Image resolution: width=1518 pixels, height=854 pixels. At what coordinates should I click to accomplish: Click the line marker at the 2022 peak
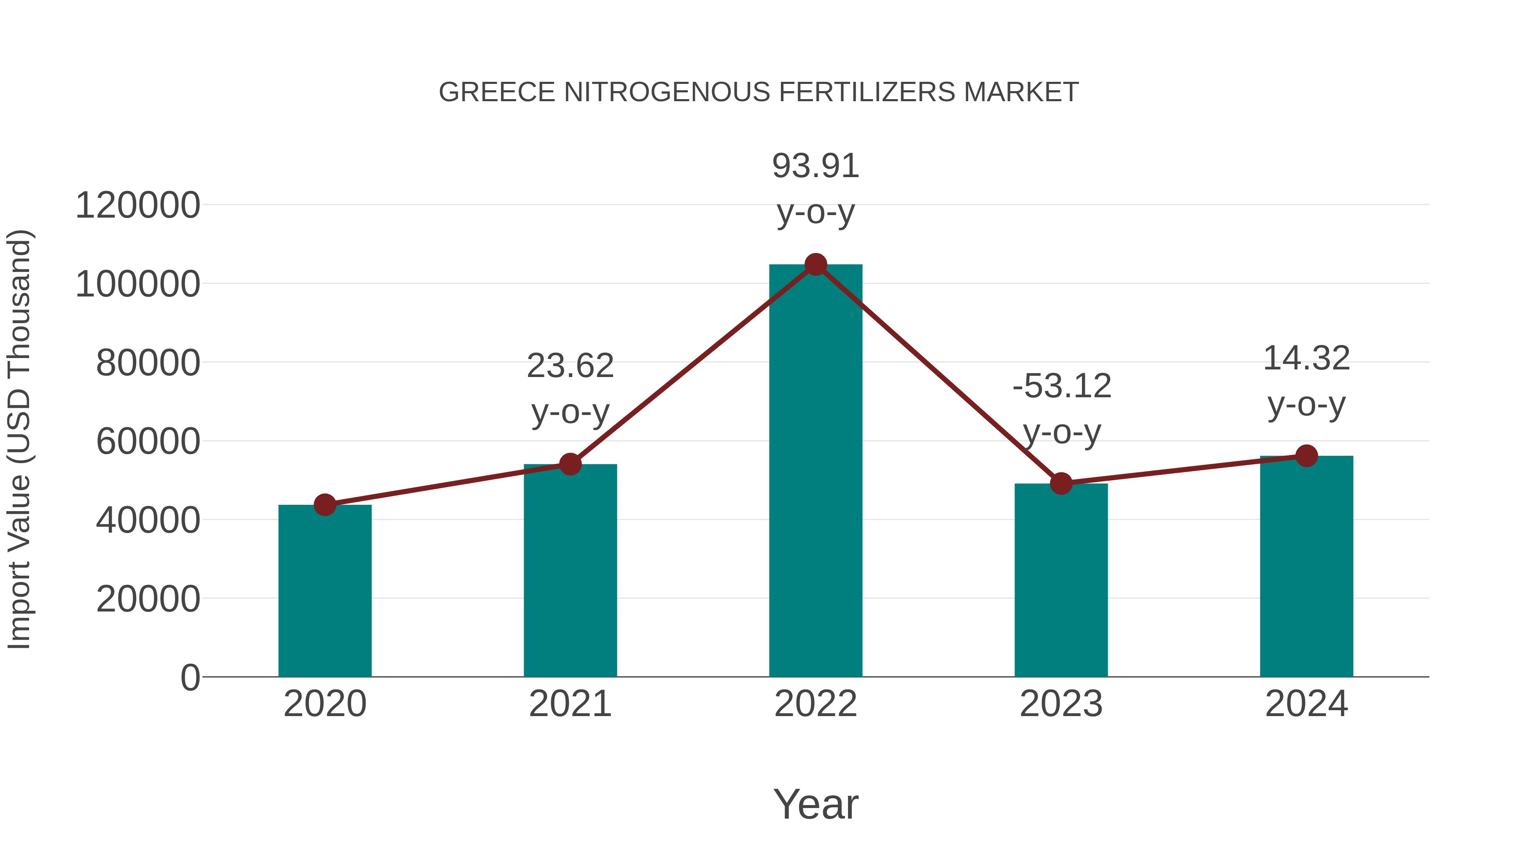[816, 264]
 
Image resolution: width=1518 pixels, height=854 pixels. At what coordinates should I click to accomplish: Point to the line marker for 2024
[1306, 455]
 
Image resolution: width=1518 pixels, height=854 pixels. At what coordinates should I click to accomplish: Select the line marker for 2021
[570, 464]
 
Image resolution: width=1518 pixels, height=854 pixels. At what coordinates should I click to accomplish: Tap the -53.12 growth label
[1062, 387]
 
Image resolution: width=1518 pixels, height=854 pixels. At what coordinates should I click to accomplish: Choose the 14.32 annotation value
[1306, 358]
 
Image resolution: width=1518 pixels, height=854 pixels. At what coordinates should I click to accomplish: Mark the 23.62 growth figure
[570, 366]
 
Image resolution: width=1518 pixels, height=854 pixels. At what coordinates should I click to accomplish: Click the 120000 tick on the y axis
[138, 206]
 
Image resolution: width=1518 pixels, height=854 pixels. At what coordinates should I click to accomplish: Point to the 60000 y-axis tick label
[148, 442]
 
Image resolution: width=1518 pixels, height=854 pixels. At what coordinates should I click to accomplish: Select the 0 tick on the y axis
[190, 677]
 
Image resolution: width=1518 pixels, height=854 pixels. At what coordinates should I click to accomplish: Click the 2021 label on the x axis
[570, 704]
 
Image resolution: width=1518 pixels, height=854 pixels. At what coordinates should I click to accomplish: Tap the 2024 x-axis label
[1306, 704]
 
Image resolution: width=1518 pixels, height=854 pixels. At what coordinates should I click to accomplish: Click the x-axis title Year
[816, 804]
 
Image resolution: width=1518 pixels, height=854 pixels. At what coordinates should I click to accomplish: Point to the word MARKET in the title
[1021, 92]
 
